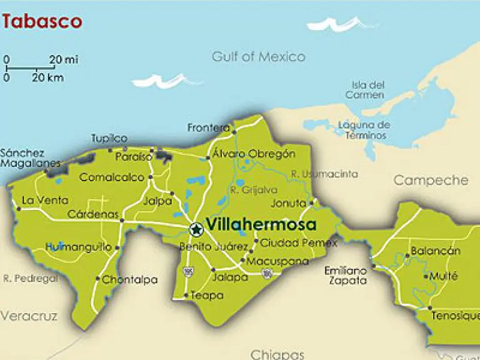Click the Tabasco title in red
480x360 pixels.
[42, 21]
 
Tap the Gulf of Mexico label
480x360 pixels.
[258, 57]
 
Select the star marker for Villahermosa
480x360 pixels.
[196, 229]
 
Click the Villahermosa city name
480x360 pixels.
[261, 225]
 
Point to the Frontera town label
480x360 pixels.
[209, 128]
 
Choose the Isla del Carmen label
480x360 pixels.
[367, 89]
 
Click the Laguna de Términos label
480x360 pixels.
[364, 130]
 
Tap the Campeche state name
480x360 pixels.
[430, 181]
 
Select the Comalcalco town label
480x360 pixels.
[112, 177]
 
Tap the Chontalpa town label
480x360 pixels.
[129, 280]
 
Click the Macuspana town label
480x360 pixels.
[269, 261]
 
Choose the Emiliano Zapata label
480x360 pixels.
[345, 276]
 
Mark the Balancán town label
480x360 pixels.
[435, 251]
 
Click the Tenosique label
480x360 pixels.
[456, 316]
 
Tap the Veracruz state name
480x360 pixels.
[29, 316]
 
